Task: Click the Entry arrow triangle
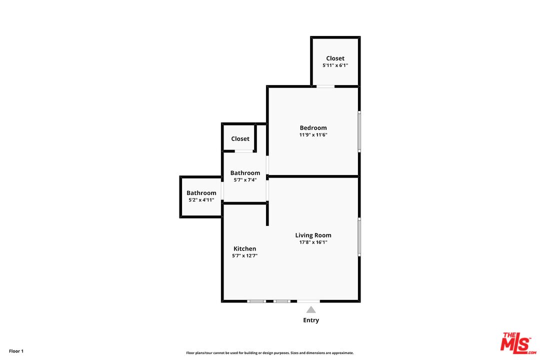coord(311,310)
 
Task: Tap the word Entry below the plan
coord(311,320)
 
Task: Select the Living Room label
coord(313,235)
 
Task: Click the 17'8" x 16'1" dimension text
coord(313,242)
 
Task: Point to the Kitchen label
coord(245,249)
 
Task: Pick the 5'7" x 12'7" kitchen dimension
coord(245,255)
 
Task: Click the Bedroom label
coord(313,128)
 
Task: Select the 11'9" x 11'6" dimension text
coord(313,135)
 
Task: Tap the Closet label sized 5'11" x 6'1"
coord(335,58)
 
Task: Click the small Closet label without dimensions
coord(240,139)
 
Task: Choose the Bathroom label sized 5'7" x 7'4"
coord(245,173)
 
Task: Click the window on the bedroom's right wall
coord(359,131)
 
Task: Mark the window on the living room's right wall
coord(359,237)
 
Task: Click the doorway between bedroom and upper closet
coord(325,86)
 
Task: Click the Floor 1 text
coord(16,351)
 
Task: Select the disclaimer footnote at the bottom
coord(270,353)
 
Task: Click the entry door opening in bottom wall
coord(308,301)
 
